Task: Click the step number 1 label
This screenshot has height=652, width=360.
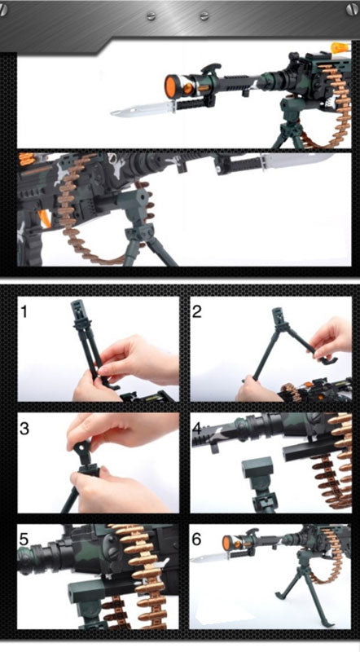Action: pyautogui.click(x=24, y=311)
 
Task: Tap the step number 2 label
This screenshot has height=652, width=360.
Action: pyautogui.click(x=197, y=311)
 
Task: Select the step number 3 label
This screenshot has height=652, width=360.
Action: pyautogui.click(x=24, y=429)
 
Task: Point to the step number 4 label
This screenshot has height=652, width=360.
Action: pyautogui.click(x=197, y=429)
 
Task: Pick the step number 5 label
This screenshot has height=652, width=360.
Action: pyautogui.click(x=24, y=540)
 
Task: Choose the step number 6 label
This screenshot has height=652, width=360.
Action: pyautogui.click(x=196, y=540)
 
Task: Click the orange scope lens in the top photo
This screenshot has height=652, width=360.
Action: pyautogui.click(x=170, y=86)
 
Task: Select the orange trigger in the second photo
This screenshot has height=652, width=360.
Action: pyautogui.click(x=45, y=218)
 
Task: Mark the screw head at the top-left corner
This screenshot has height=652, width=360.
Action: pyautogui.click(x=3, y=9)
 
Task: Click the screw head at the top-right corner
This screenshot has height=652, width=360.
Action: pyautogui.click(x=353, y=9)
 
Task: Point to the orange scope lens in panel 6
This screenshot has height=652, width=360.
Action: pyautogui.click(x=227, y=543)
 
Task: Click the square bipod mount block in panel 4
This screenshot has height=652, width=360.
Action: pyautogui.click(x=257, y=467)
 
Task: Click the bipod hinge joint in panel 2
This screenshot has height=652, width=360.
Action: pyautogui.click(x=284, y=326)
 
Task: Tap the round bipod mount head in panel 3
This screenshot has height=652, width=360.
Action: pyautogui.click(x=81, y=448)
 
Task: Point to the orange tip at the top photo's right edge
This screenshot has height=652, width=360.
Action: pyautogui.click(x=339, y=48)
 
